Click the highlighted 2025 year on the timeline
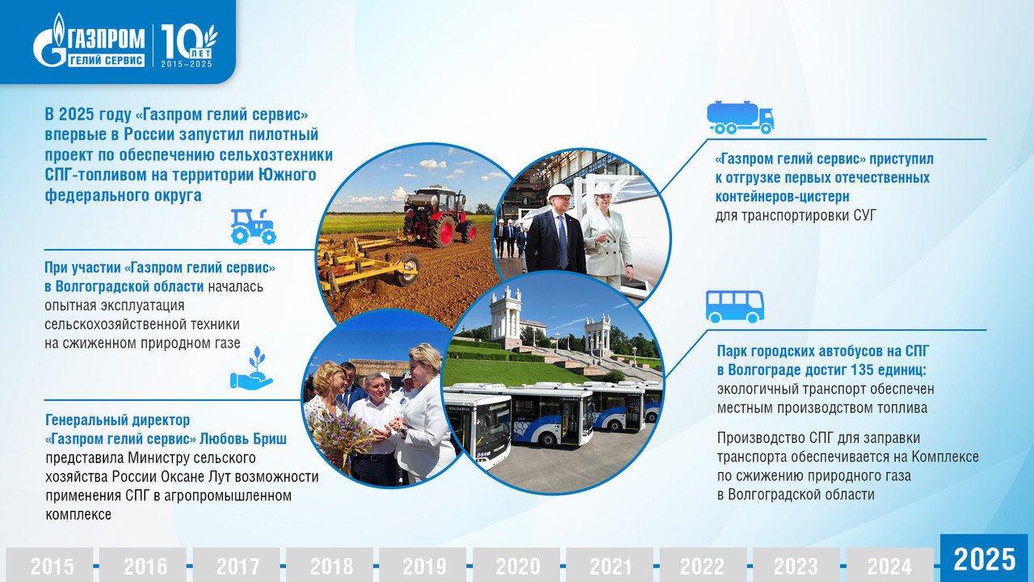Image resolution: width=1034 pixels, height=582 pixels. (x=984, y=559)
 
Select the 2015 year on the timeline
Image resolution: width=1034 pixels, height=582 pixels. (x=52, y=565)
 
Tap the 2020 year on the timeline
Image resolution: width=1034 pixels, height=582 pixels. (x=516, y=565)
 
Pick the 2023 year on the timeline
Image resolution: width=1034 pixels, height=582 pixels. (x=796, y=565)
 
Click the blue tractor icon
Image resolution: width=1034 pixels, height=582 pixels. (x=253, y=226)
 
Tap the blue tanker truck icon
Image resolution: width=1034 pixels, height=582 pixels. (x=740, y=117)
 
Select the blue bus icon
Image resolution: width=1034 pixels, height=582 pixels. (x=734, y=306)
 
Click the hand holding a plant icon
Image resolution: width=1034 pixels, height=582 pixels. (x=251, y=369)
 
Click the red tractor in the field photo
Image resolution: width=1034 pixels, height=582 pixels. (x=439, y=216)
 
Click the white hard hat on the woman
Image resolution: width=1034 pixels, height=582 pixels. (x=603, y=188)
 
